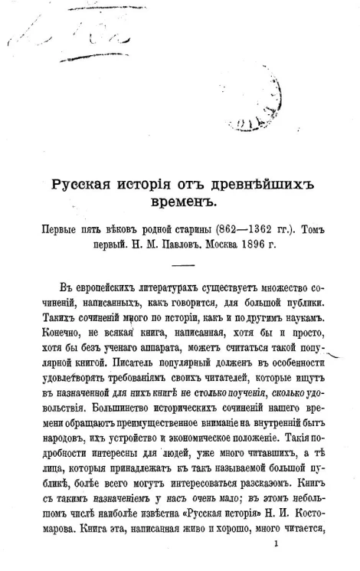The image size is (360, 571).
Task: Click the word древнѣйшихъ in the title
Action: [253, 184]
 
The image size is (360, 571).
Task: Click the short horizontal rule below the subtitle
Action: [183, 266]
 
